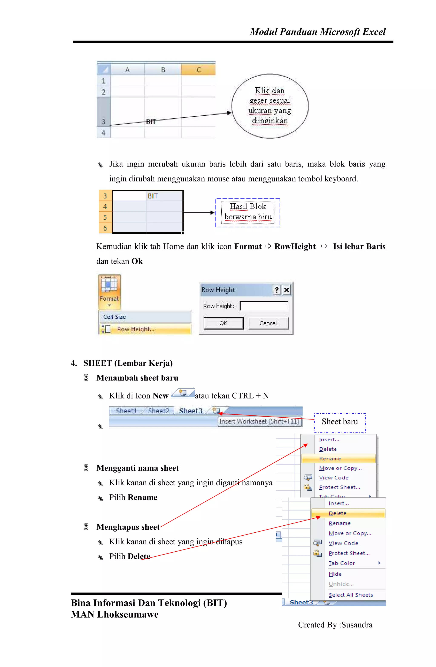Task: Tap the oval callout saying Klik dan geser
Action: [x=270, y=106]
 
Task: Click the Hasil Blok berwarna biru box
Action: [x=248, y=213]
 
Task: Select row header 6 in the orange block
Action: [x=105, y=228]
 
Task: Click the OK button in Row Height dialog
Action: [x=223, y=323]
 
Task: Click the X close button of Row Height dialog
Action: [x=286, y=290]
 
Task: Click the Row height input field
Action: [x=264, y=306]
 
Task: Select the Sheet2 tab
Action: [x=159, y=411]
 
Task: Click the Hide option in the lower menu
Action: [x=335, y=574]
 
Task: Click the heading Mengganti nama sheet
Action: [x=137, y=468]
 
